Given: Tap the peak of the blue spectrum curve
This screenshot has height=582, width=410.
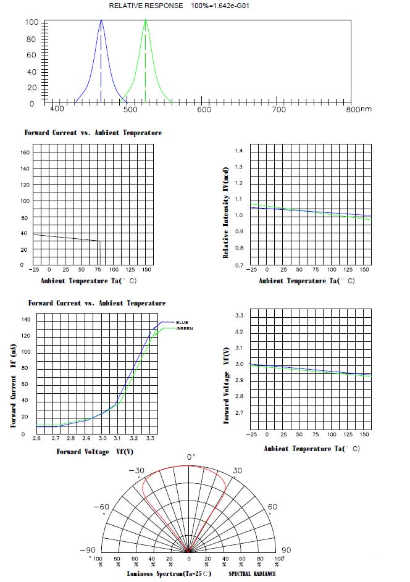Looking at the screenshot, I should [101, 21].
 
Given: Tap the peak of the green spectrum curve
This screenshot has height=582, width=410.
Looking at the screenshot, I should [146, 21].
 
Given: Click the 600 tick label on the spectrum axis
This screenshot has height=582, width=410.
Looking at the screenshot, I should [204, 109].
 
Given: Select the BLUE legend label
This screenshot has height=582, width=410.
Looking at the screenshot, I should [182, 322].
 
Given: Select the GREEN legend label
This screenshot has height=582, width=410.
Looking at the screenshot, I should [185, 329].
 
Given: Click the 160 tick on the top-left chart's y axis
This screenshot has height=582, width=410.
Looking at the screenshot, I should [25, 152].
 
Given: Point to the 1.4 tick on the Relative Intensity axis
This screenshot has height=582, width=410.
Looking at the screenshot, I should [239, 151].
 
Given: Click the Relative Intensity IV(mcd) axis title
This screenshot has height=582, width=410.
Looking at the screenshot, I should [226, 212].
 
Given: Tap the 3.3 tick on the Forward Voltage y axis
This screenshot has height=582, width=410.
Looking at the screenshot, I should [239, 315].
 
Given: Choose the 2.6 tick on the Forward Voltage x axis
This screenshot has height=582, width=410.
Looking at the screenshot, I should [37, 438].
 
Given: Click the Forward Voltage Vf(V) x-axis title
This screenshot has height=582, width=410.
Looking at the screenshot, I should [95, 452].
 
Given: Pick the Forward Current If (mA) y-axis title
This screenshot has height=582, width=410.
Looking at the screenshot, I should [13, 385].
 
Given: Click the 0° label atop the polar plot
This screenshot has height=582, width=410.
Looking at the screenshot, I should [191, 457].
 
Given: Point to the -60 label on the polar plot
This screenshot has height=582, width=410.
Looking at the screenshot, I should [101, 507].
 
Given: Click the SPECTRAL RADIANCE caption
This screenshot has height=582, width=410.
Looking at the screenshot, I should [252, 574].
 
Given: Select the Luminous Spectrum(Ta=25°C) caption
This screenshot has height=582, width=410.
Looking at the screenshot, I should [169, 574].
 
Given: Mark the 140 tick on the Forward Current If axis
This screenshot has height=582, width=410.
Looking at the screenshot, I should [26, 320].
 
